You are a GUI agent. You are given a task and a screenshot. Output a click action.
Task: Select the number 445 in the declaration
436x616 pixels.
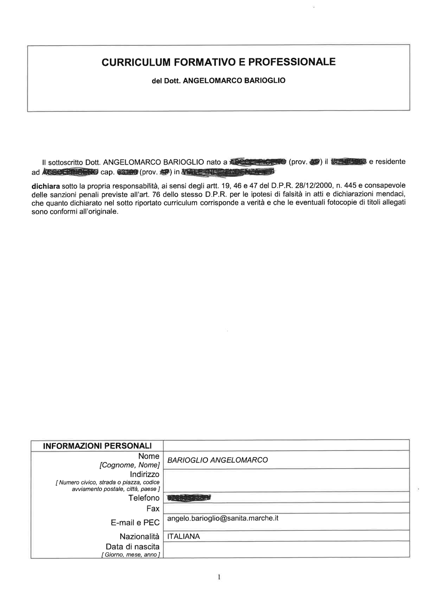351,186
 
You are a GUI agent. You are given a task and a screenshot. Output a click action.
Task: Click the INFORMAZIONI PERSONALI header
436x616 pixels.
97,446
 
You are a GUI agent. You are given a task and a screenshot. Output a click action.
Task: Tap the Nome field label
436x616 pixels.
149,456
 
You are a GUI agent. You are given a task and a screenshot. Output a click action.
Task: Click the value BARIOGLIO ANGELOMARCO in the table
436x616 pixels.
217,460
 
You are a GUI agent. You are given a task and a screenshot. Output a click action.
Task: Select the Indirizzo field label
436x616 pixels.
145,474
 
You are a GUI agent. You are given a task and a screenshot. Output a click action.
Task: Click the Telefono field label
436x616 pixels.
144,498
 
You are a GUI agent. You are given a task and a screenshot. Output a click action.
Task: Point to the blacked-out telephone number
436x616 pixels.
188,498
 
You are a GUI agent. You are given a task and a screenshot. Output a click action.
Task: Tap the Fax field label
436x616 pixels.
153,509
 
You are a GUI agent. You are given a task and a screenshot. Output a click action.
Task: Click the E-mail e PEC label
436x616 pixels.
135,523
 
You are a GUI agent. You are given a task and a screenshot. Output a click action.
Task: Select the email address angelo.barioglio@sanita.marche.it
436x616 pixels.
222,518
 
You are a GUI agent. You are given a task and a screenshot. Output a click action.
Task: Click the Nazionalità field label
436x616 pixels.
140,537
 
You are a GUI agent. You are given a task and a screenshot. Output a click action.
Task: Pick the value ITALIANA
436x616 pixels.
183,537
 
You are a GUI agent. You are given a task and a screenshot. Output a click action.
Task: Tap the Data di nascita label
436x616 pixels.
133,547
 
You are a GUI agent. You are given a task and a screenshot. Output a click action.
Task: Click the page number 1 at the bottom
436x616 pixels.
219,578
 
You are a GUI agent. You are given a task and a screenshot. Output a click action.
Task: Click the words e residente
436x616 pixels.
387,162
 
